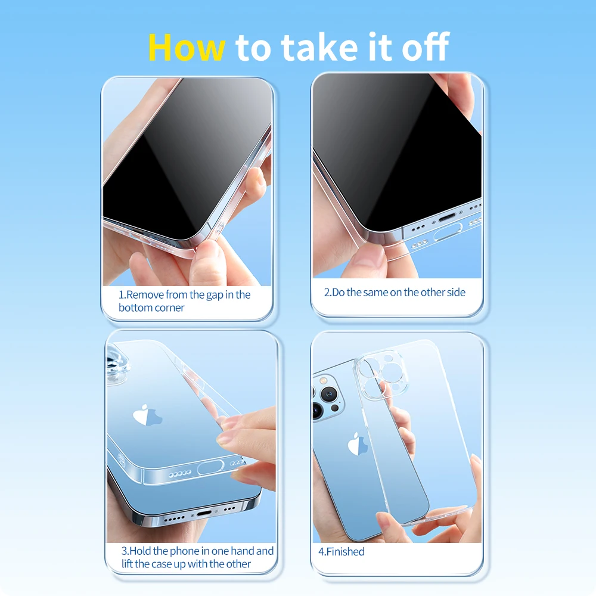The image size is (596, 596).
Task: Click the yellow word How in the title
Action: pyautogui.click(x=186, y=47)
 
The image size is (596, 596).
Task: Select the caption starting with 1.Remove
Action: pyautogui.click(x=184, y=300)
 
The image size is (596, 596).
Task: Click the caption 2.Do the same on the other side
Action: pyautogui.click(x=395, y=292)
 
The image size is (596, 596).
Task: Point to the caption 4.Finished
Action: pyautogui.click(x=342, y=551)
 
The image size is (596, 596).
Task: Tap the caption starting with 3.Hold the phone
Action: pyautogui.click(x=197, y=557)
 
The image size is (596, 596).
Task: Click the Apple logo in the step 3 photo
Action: pyautogui.click(x=147, y=415)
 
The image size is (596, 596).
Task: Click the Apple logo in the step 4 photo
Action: pyautogui.click(x=357, y=443)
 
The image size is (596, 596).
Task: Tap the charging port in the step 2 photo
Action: pyautogui.click(x=446, y=218)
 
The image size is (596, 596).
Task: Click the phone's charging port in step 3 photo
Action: pyautogui.click(x=204, y=513)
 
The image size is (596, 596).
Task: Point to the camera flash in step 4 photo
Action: pyautogui.click(x=324, y=380)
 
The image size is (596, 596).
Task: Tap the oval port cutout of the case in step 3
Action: pyautogui.click(x=210, y=467)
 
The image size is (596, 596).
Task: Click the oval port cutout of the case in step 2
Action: pyautogui.click(x=448, y=232)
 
